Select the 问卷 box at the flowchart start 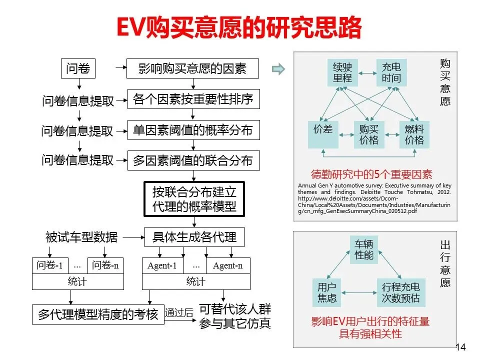[x=78, y=68]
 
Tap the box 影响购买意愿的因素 [x=192, y=69]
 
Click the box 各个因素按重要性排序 [x=193, y=99]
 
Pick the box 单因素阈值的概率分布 [x=193, y=130]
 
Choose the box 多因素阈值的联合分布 [x=193, y=161]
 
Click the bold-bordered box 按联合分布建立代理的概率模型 [x=194, y=198]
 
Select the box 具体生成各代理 [x=194, y=237]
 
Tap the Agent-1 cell [x=162, y=266]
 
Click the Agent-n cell [x=227, y=266]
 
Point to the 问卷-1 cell [x=49, y=266]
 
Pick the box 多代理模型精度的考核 [x=98, y=314]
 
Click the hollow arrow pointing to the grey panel [x=278, y=69]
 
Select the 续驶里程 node [x=342, y=72]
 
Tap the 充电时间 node [x=391, y=72]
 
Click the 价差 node [x=323, y=129]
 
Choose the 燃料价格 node [x=414, y=134]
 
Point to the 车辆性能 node [x=364, y=249]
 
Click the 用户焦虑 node [x=327, y=293]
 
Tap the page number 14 [x=460, y=347]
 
